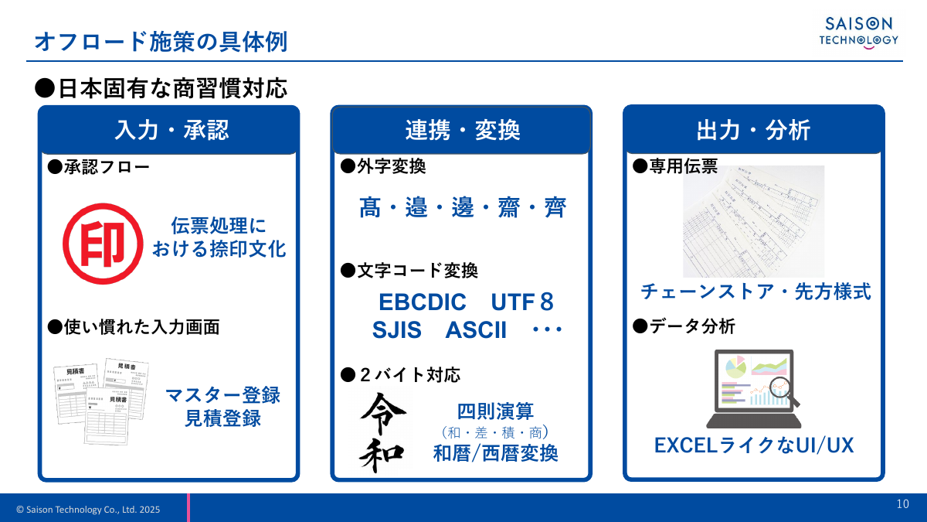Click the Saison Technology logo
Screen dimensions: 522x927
858,32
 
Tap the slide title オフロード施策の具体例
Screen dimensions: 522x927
161,41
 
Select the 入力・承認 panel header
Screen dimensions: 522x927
169,130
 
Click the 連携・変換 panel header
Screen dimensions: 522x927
462,130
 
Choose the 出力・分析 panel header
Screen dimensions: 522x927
753,130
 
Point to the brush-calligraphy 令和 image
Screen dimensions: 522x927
383,432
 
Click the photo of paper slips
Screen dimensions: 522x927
754,221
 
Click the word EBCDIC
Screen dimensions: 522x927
423,302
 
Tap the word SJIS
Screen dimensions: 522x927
396,330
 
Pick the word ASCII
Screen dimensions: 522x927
476,330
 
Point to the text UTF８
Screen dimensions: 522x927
522,302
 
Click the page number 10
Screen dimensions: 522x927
903,504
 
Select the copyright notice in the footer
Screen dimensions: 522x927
88,509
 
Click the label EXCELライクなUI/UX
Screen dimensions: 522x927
753,446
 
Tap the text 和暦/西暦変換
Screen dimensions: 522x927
495,453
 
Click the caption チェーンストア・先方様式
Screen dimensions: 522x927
756,292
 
